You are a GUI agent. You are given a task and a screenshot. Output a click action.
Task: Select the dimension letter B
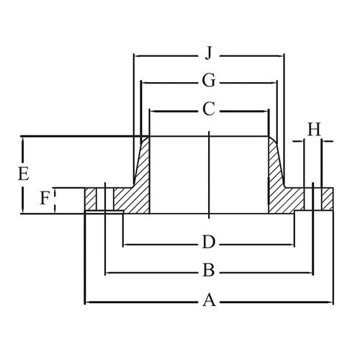[x=209, y=271]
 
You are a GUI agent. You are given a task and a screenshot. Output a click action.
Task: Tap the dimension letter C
[x=208, y=110]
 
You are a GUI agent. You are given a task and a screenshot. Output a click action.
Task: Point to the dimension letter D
[x=208, y=240]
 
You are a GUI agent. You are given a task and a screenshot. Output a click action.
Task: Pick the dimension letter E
[x=23, y=174]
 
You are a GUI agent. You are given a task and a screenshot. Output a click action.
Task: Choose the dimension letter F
[x=45, y=199]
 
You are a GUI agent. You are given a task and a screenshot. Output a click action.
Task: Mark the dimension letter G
[x=208, y=82]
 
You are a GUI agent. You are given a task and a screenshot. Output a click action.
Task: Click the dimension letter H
[x=313, y=130]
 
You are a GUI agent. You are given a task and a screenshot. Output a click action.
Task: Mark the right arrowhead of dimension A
[x=330, y=302]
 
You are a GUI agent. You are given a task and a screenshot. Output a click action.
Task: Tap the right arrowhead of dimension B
[x=311, y=271]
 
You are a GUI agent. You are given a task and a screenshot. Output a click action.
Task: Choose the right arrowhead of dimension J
[x=281, y=53]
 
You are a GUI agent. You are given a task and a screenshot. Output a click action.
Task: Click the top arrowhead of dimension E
[x=23, y=140]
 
